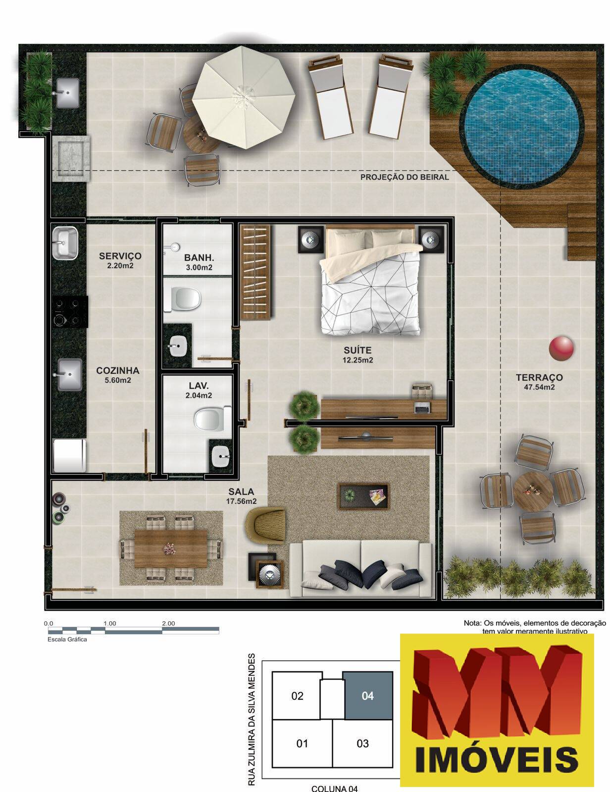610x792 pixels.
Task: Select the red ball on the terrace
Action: pyautogui.click(x=561, y=348)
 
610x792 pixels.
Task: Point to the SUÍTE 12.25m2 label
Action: pyautogui.click(x=357, y=355)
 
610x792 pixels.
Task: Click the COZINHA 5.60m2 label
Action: pyautogui.click(x=117, y=375)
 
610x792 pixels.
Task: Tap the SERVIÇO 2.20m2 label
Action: pyautogui.click(x=120, y=260)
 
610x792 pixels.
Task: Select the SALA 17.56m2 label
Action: pyautogui.click(x=241, y=496)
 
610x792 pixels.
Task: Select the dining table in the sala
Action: pyautogui.click(x=171, y=548)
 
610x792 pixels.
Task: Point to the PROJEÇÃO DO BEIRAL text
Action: pyautogui.click(x=405, y=177)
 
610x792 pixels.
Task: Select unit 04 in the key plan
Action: pyautogui.click(x=368, y=695)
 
